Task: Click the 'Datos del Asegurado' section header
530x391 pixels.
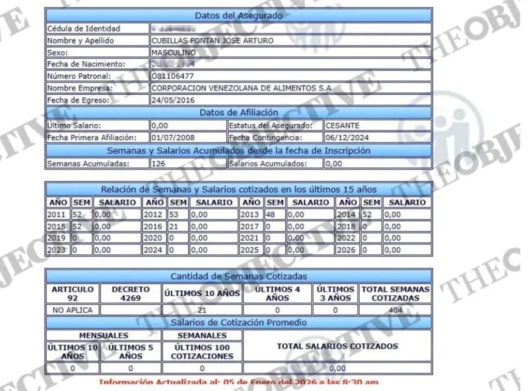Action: [238, 16]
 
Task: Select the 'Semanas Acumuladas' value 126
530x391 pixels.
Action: [157, 164]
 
